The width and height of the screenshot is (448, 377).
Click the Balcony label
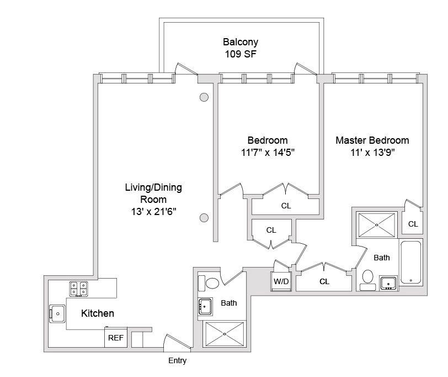tap(240, 42)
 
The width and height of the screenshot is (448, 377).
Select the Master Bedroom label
tap(372, 140)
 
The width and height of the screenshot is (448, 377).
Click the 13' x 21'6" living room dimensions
tap(153, 211)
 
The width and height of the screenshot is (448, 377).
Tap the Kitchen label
tap(98, 313)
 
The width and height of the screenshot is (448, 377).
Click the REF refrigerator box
tap(115, 338)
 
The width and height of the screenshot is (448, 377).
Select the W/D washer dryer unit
tap(281, 281)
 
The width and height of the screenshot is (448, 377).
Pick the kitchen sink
tap(57, 313)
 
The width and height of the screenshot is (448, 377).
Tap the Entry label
tap(177, 361)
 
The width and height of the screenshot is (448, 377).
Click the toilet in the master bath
tap(368, 277)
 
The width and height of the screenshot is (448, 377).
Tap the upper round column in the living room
tap(204, 97)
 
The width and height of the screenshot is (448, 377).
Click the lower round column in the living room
tap(204, 217)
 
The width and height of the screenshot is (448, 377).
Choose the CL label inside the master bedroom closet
tap(413, 224)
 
